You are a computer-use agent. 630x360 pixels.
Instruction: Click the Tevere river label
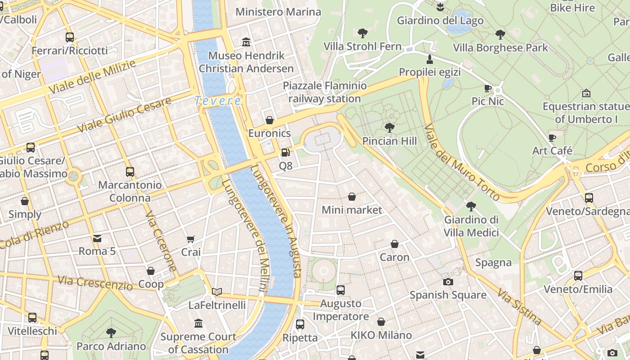coord(218,101)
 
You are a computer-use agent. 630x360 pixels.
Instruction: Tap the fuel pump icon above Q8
coord(285,153)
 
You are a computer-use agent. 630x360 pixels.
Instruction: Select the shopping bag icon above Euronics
coord(269,120)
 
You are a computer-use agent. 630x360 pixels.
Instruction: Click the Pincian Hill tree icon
coord(390,128)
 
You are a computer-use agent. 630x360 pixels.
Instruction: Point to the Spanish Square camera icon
coord(448,282)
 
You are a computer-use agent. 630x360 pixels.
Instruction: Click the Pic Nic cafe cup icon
coord(488,88)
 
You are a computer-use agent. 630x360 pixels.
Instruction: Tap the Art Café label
coord(552,151)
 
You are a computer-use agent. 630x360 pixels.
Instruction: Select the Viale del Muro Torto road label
coord(462,162)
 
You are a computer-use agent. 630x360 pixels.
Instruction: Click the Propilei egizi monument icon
coord(430,59)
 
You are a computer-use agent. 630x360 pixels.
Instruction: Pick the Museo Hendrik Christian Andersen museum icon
coord(246,42)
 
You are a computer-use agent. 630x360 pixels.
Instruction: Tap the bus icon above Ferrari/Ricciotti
coord(69,37)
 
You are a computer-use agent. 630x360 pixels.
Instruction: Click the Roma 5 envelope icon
coord(97,238)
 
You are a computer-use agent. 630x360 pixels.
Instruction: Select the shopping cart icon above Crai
coord(191,239)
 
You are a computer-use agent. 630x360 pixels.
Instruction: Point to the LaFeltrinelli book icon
coord(217,292)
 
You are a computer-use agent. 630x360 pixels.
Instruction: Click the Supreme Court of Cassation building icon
coord(198,323)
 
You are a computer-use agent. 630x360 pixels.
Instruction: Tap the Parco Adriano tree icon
coord(111,333)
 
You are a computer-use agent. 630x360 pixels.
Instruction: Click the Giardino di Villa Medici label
coord(471,226)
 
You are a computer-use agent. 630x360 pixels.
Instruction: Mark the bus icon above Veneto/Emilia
coord(578,275)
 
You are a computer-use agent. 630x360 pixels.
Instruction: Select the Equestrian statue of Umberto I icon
coord(586,93)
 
